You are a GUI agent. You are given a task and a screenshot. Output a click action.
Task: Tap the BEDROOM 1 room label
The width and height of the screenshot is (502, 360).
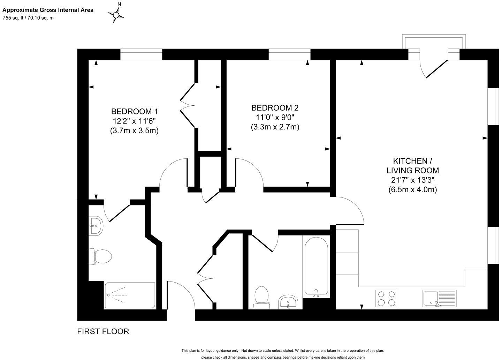[x=134, y=112]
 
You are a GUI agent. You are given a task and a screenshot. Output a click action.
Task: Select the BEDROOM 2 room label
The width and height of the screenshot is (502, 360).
[x=275, y=108]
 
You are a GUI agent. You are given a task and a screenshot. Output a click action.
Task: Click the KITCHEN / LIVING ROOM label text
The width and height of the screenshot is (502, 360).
[x=413, y=166]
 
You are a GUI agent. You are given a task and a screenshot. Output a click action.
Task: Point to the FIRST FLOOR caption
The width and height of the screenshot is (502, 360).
[x=103, y=331]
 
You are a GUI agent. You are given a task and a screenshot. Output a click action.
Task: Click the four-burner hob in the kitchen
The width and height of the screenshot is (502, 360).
[x=387, y=298]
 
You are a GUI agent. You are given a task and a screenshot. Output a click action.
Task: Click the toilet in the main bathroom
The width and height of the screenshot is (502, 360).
[x=261, y=297]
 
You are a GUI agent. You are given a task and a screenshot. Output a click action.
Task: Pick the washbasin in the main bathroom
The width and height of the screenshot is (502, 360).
[x=288, y=302]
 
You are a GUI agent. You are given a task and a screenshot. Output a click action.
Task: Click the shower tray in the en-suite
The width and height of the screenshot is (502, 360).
[x=130, y=295]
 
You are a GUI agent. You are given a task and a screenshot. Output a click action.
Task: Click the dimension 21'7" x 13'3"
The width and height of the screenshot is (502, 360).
[x=413, y=180]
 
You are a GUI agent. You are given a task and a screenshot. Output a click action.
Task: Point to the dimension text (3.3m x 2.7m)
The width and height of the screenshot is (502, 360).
[x=275, y=127]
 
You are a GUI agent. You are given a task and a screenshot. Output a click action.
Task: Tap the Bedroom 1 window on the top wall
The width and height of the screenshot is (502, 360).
[x=141, y=55]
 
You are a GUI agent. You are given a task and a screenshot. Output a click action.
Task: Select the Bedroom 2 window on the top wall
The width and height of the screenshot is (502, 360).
[x=289, y=55]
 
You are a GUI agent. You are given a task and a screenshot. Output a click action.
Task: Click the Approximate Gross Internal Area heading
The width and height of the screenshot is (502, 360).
[x=48, y=10]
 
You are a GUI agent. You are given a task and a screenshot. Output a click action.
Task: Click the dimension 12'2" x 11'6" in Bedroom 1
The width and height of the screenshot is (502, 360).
[x=134, y=121]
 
